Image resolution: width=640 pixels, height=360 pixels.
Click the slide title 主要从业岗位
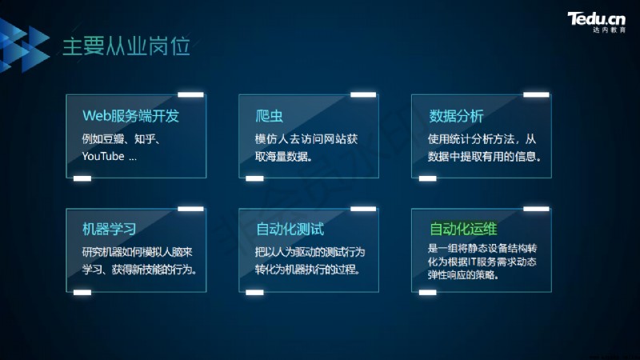tap(126, 46)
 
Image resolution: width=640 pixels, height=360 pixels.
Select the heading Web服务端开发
tap(130, 116)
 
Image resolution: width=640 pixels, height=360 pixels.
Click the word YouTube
tap(103, 156)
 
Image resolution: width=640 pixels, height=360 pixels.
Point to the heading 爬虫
tap(269, 116)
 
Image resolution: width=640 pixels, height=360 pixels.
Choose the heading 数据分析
tap(456, 116)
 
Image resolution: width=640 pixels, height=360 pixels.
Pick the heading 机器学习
tap(110, 229)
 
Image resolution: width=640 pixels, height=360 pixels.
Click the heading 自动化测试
tap(290, 229)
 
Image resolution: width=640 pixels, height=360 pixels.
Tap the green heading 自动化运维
tap(463, 229)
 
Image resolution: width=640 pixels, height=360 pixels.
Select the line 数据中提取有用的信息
tap(484, 156)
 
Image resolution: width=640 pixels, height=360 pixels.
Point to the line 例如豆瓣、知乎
tap(122, 139)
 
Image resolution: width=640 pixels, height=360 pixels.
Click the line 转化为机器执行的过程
tap(307, 270)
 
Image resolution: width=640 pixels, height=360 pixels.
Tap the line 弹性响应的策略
tap(463, 274)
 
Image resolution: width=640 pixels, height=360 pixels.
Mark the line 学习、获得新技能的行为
tap(139, 270)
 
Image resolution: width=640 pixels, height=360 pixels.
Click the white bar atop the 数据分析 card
tap(536, 94)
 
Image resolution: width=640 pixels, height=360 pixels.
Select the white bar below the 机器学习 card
tap(82, 292)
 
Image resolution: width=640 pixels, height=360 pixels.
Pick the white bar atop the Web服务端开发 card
tap(190, 94)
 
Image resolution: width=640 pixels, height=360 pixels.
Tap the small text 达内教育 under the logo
tap(609, 30)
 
